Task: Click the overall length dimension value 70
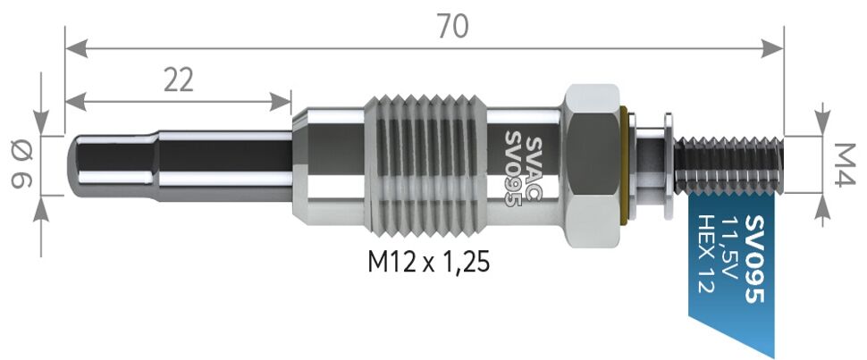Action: point(453,27)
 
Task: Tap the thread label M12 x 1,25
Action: point(429,263)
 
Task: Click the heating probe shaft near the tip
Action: point(179,166)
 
